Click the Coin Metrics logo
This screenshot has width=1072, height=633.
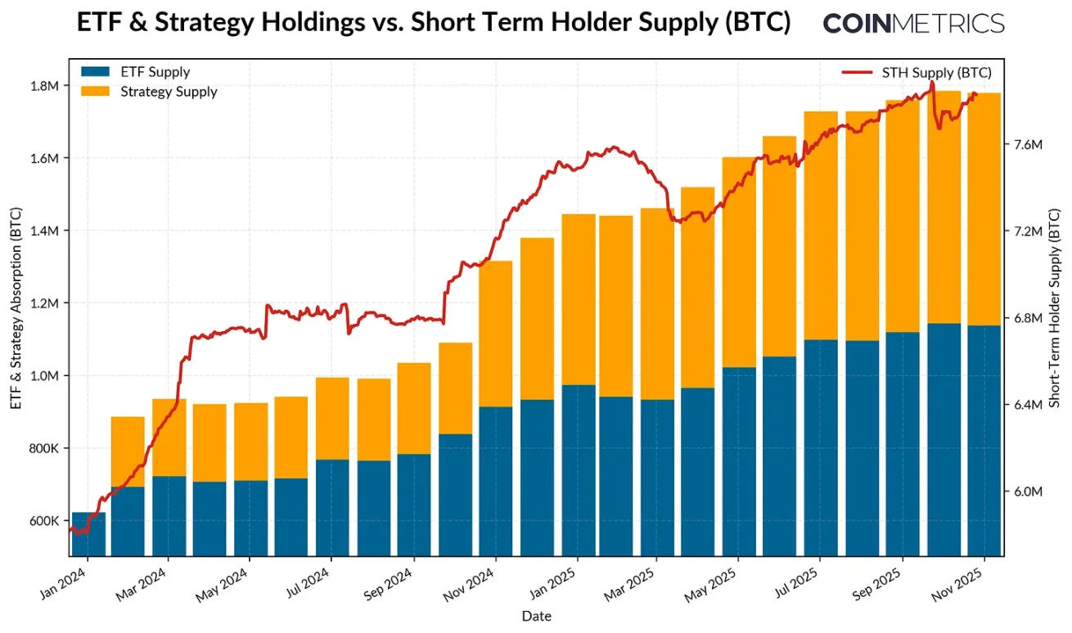coord(913,23)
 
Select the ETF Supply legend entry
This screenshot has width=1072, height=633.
coord(135,73)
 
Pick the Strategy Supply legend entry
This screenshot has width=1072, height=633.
coord(149,92)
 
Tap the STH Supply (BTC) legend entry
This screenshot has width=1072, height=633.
coord(916,73)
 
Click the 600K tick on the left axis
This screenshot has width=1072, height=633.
coord(45,521)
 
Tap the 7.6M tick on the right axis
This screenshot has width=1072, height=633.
coord(1027,145)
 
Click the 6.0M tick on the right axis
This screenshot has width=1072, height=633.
coord(1027,492)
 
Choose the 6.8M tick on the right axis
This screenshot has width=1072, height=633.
coord(1027,318)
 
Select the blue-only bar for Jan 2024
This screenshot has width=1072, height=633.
coord(88,533)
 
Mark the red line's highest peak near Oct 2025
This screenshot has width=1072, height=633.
coord(932,83)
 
